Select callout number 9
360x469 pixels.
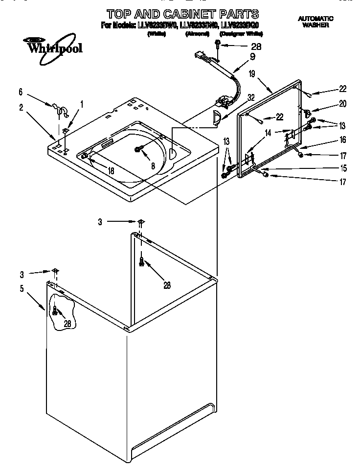point(252,56)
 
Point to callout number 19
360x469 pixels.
point(251,74)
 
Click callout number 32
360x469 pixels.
point(251,97)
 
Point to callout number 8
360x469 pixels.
point(153,166)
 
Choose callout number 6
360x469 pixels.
point(21,92)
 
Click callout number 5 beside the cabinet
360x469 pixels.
point(22,289)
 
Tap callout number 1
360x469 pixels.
point(82,103)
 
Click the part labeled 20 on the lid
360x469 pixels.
point(308,114)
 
